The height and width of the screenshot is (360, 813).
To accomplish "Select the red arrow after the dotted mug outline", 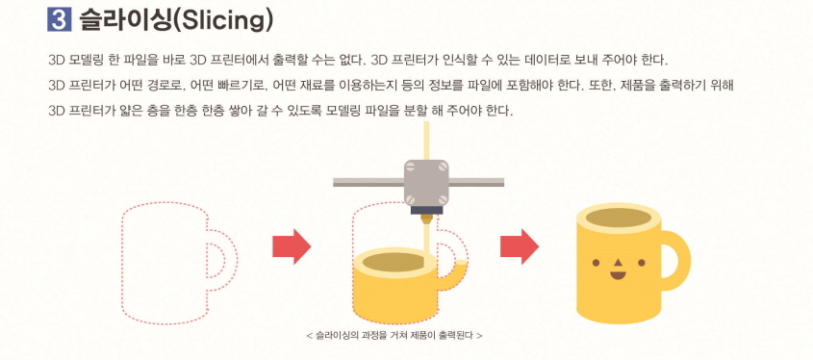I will (x=292, y=246).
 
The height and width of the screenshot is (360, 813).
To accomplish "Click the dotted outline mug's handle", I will (x=227, y=262).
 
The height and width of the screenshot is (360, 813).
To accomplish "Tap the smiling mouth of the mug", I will (x=617, y=275).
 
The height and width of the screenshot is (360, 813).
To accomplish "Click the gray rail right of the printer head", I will (x=477, y=180).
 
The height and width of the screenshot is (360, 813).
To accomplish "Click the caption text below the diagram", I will (x=394, y=336).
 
